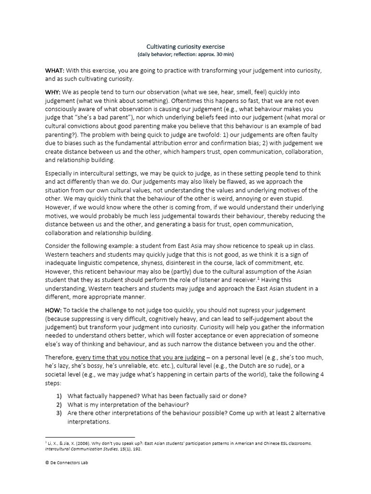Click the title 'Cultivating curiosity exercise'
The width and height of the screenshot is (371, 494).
click(185, 46)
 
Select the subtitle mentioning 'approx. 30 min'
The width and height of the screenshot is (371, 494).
click(185, 55)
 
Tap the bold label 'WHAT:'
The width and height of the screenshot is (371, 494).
click(55, 70)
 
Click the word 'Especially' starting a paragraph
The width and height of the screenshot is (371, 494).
click(61, 173)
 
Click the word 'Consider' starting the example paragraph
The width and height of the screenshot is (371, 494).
click(59, 245)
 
